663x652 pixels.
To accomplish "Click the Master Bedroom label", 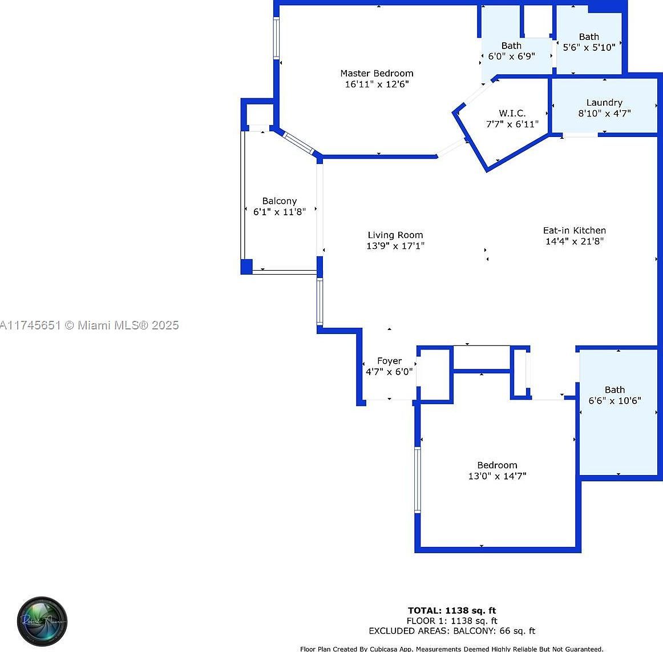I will [x=377, y=73].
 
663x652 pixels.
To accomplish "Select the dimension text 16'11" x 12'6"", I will [x=377, y=84].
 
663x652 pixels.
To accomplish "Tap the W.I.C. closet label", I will [x=512, y=113].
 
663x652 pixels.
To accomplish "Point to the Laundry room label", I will [x=604, y=102].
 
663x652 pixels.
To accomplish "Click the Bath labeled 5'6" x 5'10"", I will [x=589, y=42].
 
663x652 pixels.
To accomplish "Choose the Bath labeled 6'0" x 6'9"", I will [x=511, y=51].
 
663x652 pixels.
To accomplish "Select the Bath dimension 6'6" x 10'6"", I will [x=615, y=401].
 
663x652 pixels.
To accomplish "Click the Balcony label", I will [x=279, y=201].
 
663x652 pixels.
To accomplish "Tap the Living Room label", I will [x=395, y=235].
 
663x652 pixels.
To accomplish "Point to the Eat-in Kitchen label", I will [x=574, y=230].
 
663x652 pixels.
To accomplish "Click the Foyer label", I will [x=389, y=361].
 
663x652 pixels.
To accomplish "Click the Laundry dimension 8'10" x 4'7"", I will [x=604, y=114].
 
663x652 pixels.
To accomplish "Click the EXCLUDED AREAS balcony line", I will [x=452, y=631].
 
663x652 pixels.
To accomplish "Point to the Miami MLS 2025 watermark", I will [x=90, y=325].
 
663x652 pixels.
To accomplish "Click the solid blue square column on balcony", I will [x=246, y=267].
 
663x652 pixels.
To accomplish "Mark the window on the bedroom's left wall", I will [x=418, y=480].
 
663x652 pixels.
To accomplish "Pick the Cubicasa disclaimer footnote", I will [x=452, y=649].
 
